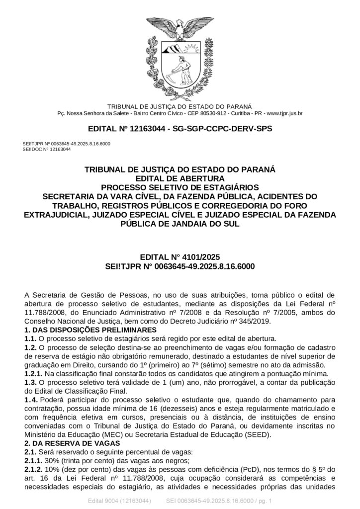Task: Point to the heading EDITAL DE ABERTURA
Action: tap(180, 178)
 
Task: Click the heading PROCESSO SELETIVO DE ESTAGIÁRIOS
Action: tap(180, 187)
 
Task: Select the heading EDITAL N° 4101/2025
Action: tap(180, 257)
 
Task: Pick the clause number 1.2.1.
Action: tap(33, 373)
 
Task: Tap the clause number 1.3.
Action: tap(30, 382)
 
